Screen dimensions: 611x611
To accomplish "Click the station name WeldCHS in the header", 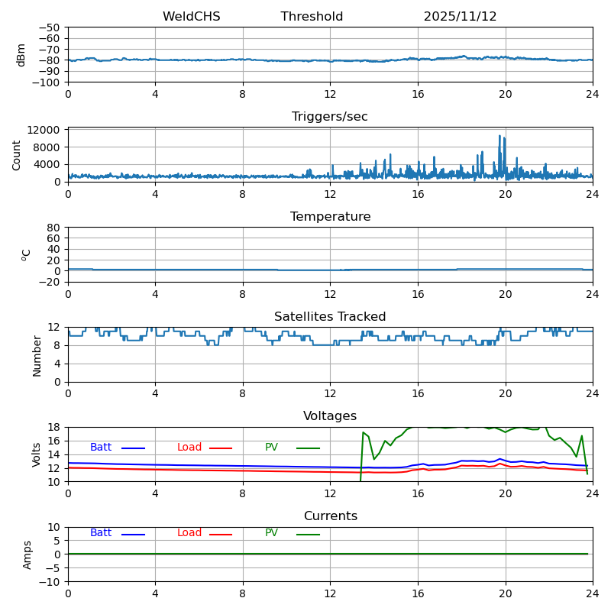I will tap(191, 17).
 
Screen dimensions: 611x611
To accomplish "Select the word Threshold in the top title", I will tap(312, 17).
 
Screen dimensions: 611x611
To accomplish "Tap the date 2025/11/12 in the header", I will tap(460, 17).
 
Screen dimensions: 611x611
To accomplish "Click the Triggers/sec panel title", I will tap(330, 117).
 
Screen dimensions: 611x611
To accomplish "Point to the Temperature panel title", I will tap(330, 217).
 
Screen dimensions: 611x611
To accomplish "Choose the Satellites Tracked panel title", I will tap(330, 317).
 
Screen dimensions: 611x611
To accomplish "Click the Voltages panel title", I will tap(330, 416).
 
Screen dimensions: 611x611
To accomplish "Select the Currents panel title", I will tap(330, 516).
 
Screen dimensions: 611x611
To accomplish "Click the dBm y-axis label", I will tap(21, 55).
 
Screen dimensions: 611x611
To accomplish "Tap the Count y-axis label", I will tap(17, 155).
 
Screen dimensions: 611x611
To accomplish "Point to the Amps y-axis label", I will tap(27, 554).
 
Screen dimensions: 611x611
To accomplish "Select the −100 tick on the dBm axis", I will tap(48, 82).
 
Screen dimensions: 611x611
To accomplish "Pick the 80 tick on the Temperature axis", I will tap(54, 228).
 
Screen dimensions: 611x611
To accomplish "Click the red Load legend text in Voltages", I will tap(189, 448).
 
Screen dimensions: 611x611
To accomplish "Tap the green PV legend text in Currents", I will tap(272, 533).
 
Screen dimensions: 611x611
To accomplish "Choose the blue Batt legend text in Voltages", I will tap(101, 448).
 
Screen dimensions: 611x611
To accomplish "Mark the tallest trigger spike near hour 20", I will tap(500, 137).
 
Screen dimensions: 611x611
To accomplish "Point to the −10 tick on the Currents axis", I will tap(51, 582).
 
